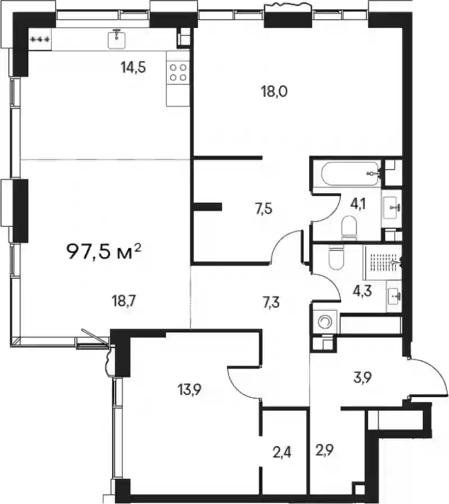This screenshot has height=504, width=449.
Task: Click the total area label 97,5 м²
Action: [x=104, y=251]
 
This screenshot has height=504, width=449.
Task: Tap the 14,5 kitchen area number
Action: [x=133, y=67]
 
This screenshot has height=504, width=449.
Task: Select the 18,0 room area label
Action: [x=274, y=92]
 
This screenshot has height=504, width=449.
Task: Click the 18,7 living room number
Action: [x=124, y=302]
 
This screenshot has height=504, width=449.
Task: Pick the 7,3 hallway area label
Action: [x=271, y=302]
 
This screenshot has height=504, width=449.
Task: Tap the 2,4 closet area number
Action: [x=281, y=453]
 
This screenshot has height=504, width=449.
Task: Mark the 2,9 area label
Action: [x=324, y=450]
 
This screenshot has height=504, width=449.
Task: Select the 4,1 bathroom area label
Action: [x=358, y=203]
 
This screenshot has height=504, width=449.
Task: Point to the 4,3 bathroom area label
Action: [x=364, y=291]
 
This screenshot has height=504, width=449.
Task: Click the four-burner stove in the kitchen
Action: [x=178, y=72]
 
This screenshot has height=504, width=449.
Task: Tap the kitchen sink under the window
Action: [x=117, y=39]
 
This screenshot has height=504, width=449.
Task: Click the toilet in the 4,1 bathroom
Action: [x=349, y=228]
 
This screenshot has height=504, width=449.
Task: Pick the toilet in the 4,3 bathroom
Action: [x=337, y=257]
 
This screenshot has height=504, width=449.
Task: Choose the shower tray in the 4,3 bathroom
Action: [x=382, y=262]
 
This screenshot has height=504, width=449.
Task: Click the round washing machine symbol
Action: [x=325, y=321]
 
